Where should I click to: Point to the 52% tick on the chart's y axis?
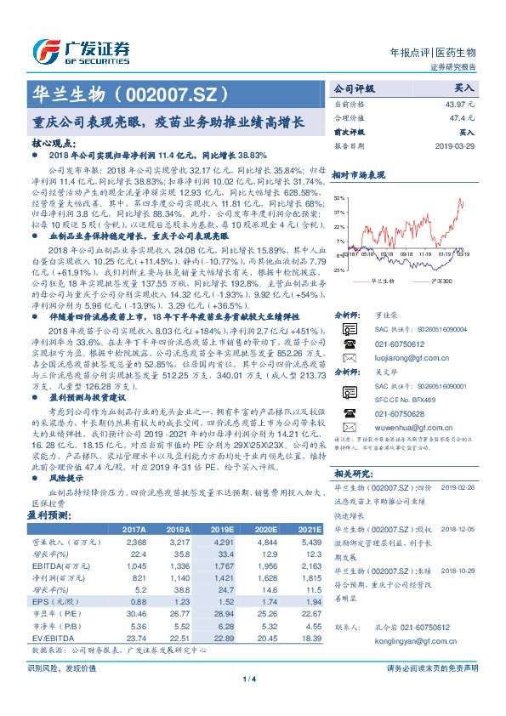pos(340,197)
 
